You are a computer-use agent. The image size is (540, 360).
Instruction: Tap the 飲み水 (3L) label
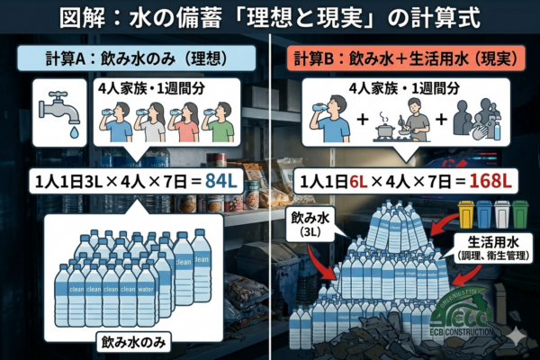(310, 225)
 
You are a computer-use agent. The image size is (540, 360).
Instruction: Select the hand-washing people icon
(477, 120)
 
